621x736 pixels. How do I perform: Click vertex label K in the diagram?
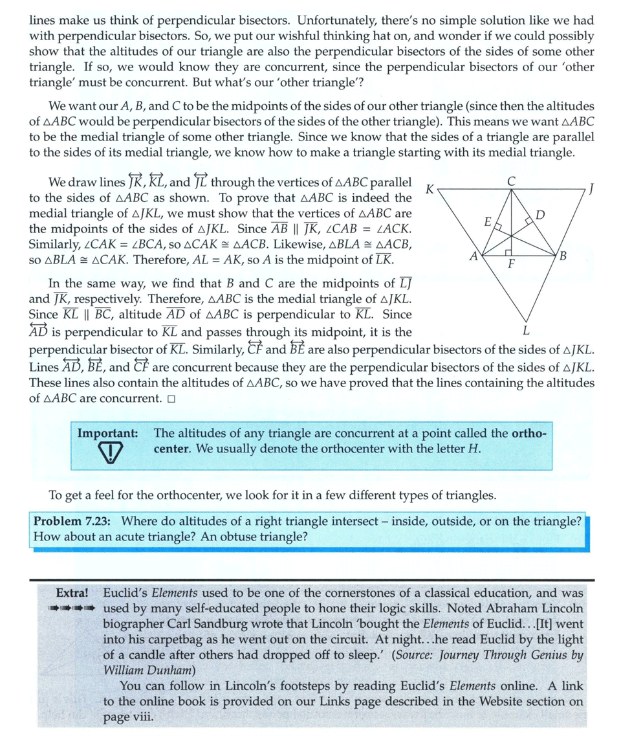click(x=429, y=189)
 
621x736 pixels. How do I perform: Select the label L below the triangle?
click(x=525, y=330)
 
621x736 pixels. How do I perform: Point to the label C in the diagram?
click(x=511, y=183)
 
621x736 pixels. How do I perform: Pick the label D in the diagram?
click(x=541, y=214)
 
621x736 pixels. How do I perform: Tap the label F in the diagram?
click(x=511, y=265)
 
